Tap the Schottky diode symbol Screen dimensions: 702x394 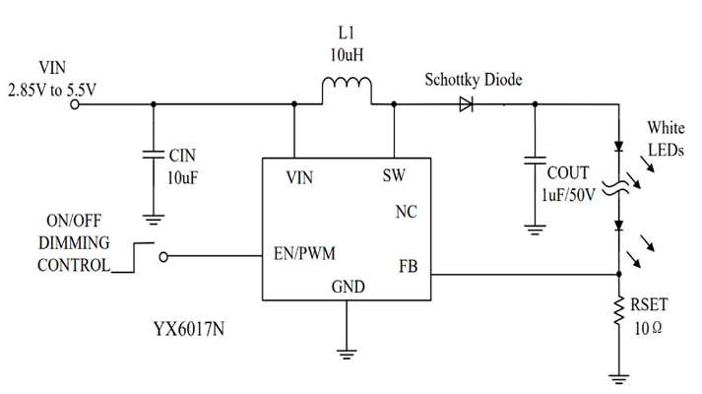coord(466,104)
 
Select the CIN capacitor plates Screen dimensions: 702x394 coord(154,155)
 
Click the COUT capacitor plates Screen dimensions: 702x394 coord(535,161)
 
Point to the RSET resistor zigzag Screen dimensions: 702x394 coord(618,310)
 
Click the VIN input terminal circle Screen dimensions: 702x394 coord(75,104)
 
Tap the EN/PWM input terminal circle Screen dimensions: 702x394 coord(163,257)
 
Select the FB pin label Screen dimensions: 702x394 coord(408,267)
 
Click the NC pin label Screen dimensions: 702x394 coord(406,212)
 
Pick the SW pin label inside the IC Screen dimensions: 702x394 coord(394,175)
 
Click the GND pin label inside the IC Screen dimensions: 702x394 coord(348,287)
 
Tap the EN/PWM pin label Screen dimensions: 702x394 coord(304,254)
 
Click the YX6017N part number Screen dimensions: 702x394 coord(189,330)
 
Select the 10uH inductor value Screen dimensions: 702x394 coord(347,55)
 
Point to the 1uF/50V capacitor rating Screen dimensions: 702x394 coord(568,195)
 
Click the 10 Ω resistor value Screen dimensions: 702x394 coord(648,329)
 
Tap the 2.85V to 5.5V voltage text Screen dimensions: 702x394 coord(52,91)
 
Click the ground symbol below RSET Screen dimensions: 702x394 coord(618,379)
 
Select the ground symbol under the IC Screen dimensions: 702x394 coord(347,355)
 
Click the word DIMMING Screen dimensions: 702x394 coord(74,243)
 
